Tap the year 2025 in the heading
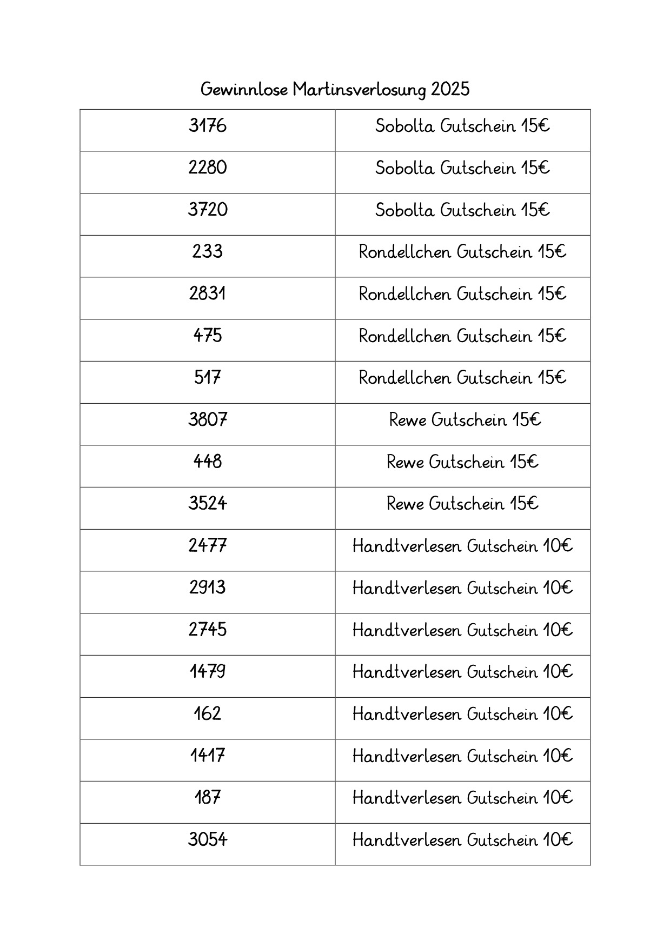click(450, 89)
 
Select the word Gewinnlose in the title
click(244, 89)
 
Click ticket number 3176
click(208, 126)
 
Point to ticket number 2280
click(208, 168)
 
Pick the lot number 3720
click(208, 210)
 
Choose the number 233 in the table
click(208, 252)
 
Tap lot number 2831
click(208, 293)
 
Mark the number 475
click(208, 336)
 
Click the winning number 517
click(208, 377)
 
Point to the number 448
click(208, 462)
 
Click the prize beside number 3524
click(462, 504)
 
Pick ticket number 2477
click(208, 545)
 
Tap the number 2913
click(208, 588)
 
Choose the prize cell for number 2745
click(462, 630)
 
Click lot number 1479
click(208, 672)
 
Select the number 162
click(208, 714)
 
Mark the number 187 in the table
click(208, 798)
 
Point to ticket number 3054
click(208, 840)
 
